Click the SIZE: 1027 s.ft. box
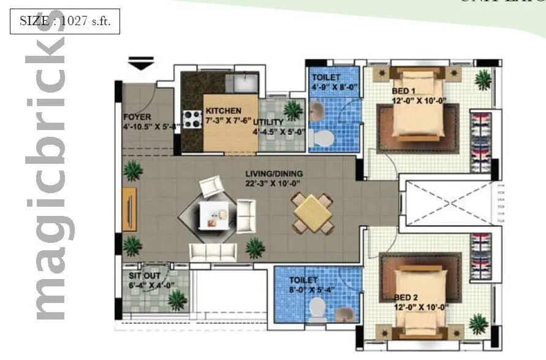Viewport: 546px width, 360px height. [64, 21]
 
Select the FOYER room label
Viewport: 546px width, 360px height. [137, 117]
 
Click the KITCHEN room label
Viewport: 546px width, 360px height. [223, 110]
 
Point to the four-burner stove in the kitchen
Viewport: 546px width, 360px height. [192, 118]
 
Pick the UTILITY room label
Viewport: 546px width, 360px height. [268, 122]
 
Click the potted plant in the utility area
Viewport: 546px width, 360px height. [293, 110]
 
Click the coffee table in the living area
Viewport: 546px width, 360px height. [210, 215]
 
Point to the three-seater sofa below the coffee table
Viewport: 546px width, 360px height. [213, 251]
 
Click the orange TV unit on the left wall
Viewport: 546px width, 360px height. [129, 209]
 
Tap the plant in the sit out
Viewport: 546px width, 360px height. [177, 299]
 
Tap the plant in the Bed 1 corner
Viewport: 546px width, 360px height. [483, 79]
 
